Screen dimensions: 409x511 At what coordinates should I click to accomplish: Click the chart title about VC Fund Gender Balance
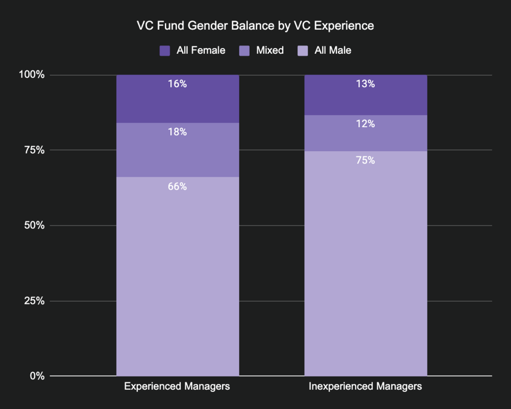256,26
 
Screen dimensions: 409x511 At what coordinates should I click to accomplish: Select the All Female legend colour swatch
164,51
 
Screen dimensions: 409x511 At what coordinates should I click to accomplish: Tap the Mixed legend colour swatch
244,51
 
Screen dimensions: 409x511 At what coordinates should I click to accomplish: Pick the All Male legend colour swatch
302,51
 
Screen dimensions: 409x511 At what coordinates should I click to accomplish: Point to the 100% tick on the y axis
32,75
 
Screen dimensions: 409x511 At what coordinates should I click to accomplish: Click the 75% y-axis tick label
35,150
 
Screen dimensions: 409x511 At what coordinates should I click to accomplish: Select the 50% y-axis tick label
35,225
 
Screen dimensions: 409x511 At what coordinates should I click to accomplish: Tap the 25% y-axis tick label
35,301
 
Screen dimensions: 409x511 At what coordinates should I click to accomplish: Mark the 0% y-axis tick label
37,376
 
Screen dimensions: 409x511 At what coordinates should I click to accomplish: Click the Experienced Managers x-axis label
177,386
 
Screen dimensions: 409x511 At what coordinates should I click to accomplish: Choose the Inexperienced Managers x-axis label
365,386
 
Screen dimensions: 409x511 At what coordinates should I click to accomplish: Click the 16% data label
177,84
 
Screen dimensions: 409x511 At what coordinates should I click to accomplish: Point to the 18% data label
177,132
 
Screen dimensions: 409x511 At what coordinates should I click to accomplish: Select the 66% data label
177,186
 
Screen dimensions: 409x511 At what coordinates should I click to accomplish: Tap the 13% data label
365,84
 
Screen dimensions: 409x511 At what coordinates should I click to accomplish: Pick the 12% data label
365,124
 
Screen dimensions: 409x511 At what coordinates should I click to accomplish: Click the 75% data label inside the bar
365,160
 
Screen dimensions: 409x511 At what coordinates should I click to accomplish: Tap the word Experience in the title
347,26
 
